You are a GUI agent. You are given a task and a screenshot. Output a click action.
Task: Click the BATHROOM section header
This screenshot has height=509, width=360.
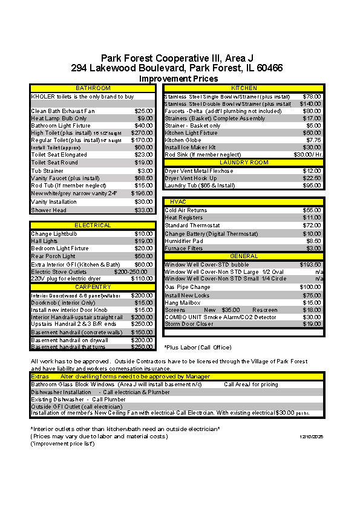click(x=93, y=88)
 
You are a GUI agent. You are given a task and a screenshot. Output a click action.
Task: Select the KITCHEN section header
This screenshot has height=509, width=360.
click(x=244, y=88)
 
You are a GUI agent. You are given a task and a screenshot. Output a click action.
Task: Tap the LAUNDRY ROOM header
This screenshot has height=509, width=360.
click(x=244, y=163)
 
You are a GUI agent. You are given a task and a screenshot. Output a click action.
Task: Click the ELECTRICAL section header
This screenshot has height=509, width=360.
click(x=93, y=225)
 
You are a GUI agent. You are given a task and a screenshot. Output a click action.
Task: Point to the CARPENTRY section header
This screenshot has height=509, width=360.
click(x=93, y=287)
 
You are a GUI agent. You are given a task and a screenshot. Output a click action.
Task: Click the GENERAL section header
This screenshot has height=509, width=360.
click(x=244, y=256)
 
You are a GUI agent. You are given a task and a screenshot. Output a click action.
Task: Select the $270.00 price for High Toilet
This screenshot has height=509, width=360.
click(x=143, y=132)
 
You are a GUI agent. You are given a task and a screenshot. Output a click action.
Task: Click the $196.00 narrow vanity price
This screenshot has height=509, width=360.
click(x=143, y=193)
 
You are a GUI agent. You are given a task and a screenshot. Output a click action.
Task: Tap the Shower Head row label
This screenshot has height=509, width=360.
click(x=49, y=210)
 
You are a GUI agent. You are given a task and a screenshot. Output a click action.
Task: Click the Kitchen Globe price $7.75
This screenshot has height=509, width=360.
click(x=313, y=140)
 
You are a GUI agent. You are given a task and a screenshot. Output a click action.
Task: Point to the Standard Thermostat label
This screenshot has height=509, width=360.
click(x=193, y=225)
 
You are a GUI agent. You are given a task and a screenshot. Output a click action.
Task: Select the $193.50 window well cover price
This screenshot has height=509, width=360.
click(x=310, y=265)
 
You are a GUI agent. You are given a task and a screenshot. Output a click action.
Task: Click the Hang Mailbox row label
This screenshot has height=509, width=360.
click(x=183, y=302)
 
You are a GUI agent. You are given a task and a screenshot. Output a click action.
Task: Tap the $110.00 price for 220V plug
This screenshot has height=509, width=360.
click(x=143, y=279)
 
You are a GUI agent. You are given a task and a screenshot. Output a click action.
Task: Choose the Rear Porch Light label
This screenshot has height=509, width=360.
click(x=53, y=256)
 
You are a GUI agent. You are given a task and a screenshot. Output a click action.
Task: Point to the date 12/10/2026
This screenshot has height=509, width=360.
click(x=312, y=436)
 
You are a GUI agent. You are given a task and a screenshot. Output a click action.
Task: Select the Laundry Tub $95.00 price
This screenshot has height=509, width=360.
click(x=312, y=186)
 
